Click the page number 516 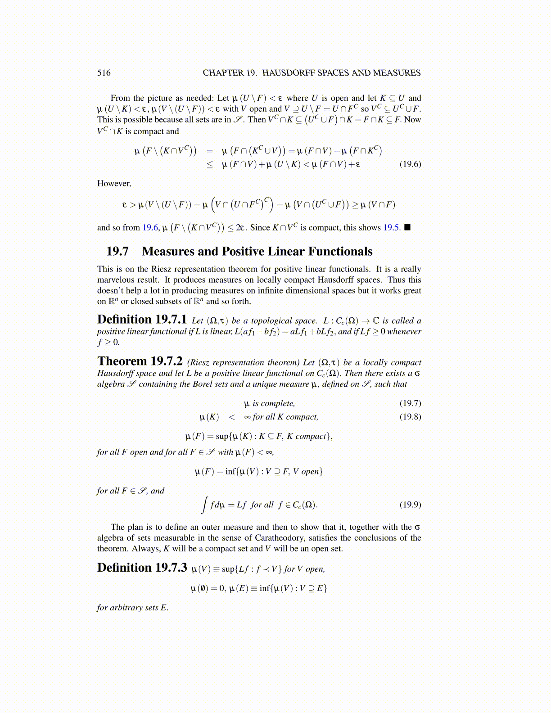tap(104, 73)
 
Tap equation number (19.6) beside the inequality tap(410, 164)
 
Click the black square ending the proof tap(407, 227)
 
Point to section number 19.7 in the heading tap(117, 251)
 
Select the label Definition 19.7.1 tap(142, 320)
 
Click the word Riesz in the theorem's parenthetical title tap(200, 363)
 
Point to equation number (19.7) tap(410, 403)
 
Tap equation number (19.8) tap(410, 417)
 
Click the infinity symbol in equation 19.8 tap(247, 417)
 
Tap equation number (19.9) tap(410, 505)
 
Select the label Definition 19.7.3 tap(142, 568)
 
